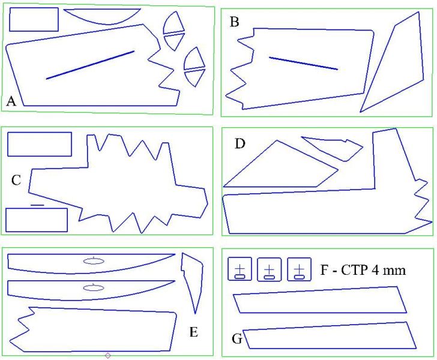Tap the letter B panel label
click(x=234, y=23)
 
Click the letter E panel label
click(x=193, y=332)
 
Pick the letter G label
click(x=237, y=340)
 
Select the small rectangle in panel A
click(x=34, y=20)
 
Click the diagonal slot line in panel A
click(x=90, y=65)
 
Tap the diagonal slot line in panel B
click(x=303, y=63)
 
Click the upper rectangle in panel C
click(x=40, y=144)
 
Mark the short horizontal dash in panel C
click(x=37, y=205)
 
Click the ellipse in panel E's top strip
click(x=94, y=260)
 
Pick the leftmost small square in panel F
click(x=240, y=269)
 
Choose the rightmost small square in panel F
click(x=300, y=269)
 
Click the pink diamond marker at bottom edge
click(x=107, y=356)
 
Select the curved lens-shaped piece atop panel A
click(x=102, y=15)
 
